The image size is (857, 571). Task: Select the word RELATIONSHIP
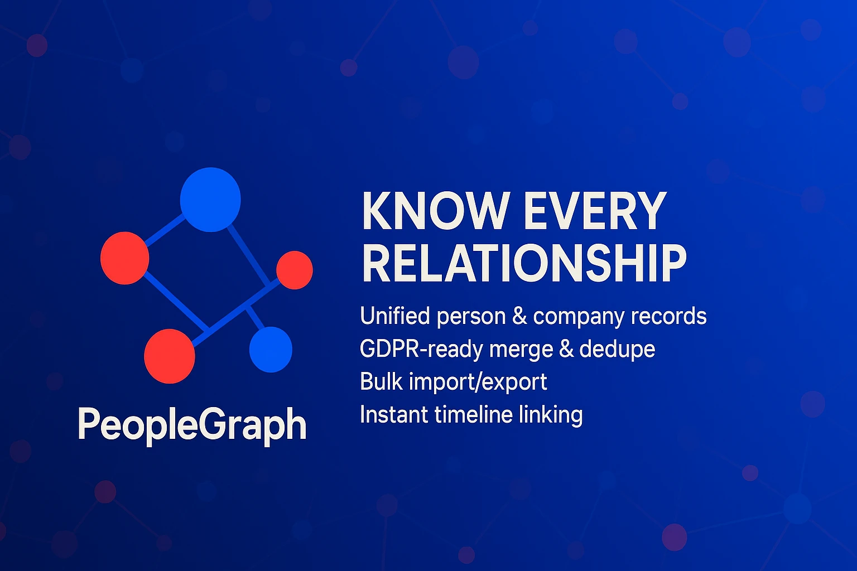coord(524,263)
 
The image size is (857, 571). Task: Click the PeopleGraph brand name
coord(192,425)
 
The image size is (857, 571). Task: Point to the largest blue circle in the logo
coord(210,199)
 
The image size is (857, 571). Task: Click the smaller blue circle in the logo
coord(271,350)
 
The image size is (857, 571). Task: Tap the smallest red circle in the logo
coord(295,270)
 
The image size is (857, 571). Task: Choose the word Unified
coord(395,316)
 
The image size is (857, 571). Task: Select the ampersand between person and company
coord(519,316)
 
